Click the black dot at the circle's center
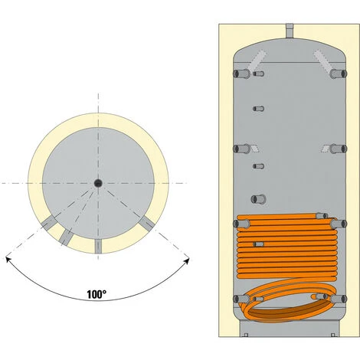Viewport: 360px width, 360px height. (x=98, y=183)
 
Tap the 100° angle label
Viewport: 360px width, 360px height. (x=97, y=294)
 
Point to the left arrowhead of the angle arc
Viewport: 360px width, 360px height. (x=8, y=260)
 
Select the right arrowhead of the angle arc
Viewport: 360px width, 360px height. (x=187, y=261)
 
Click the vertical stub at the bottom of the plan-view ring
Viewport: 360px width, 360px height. (x=98, y=246)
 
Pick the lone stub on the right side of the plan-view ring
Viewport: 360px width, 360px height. (x=147, y=222)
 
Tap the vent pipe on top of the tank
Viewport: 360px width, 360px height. (x=290, y=31)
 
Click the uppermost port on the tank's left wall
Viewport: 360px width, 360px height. (x=241, y=74)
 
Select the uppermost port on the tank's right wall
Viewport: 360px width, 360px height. (x=339, y=74)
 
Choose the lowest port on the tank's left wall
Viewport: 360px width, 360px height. (x=241, y=299)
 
